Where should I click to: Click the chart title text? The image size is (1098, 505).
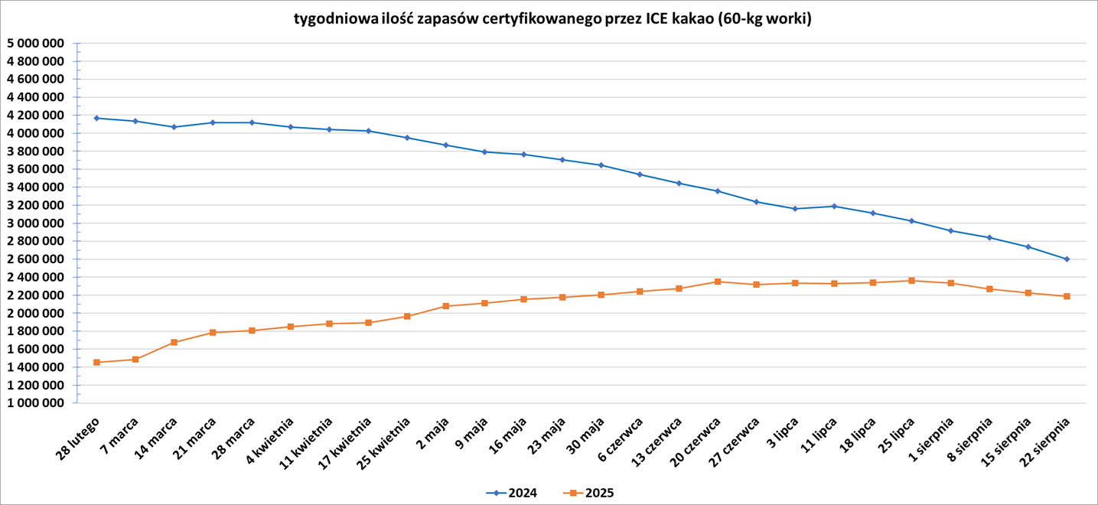(x=552, y=19)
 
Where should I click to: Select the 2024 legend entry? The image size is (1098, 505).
(x=512, y=493)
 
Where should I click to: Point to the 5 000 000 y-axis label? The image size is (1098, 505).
(x=34, y=43)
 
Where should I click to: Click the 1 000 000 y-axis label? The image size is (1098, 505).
(x=34, y=403)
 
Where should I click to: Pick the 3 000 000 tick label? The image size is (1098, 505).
(x=34, y=223)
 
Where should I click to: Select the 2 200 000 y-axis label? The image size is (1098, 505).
(x=34, y=295)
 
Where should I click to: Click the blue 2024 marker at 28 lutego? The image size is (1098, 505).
(x=96, y=118)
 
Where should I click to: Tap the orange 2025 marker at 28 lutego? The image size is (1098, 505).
(x=96, y=362)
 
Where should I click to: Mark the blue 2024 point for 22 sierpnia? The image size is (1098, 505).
(x=1067, y=259)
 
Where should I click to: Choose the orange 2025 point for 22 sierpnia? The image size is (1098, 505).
(x=1067, y=296)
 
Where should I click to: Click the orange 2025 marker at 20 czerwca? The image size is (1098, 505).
(x=718, y=282)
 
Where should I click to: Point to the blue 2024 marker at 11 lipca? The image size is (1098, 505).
(x=834, y=206)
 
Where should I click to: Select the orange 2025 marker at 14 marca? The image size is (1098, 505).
(x=174, y=342)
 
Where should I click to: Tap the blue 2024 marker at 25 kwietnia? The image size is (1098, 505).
(x=407, y=138)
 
